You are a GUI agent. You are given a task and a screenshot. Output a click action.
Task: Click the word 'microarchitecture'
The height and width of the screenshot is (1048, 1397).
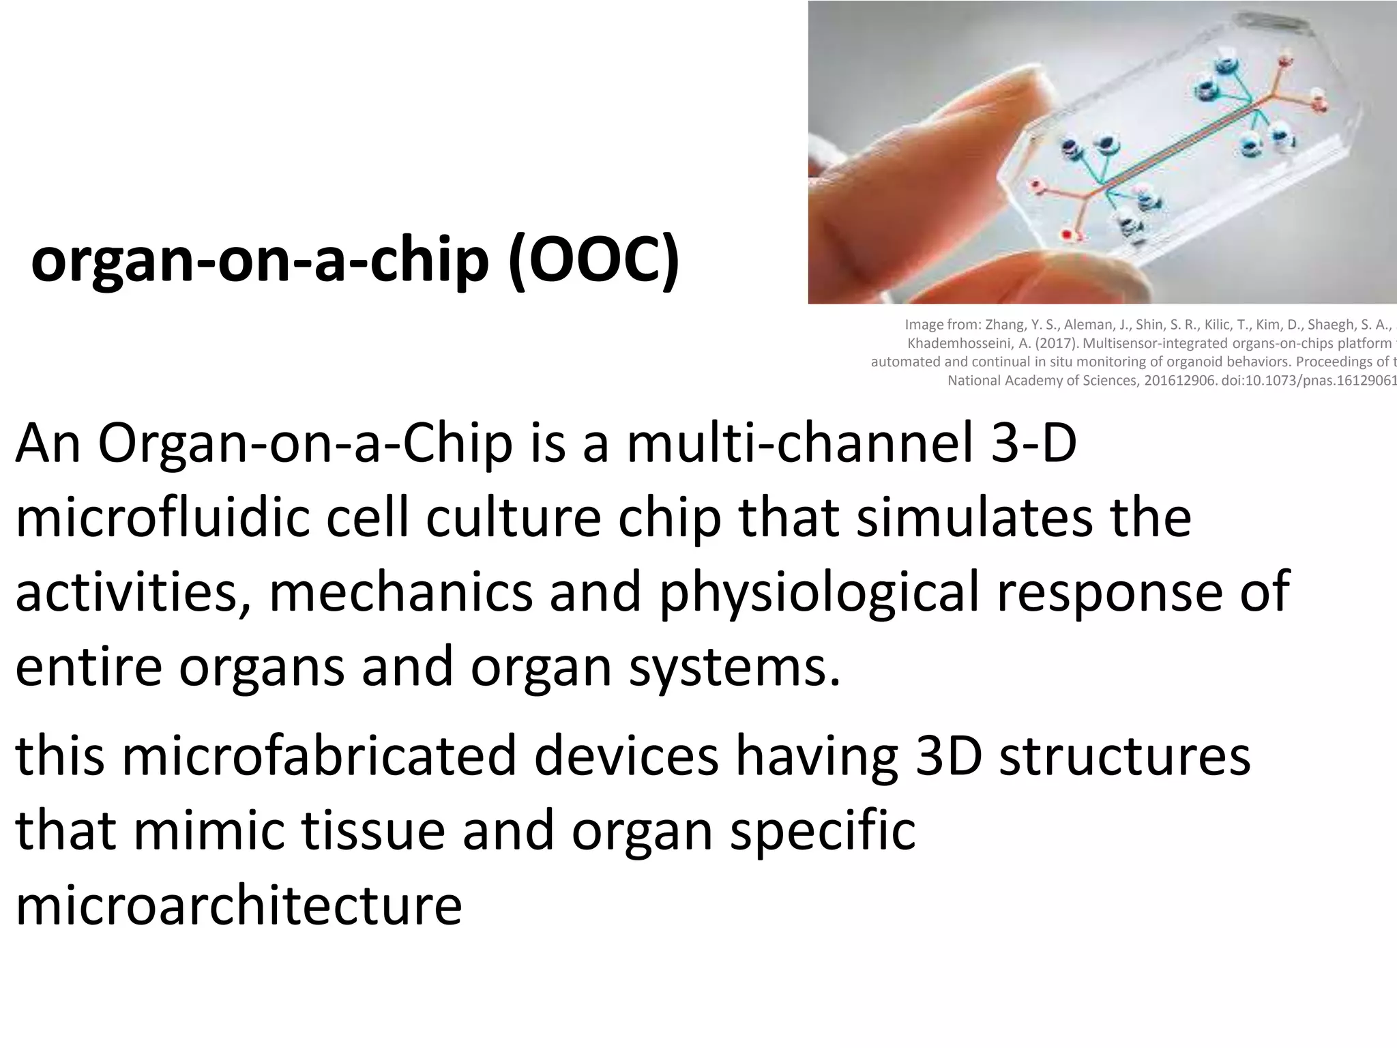pos(239,905)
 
